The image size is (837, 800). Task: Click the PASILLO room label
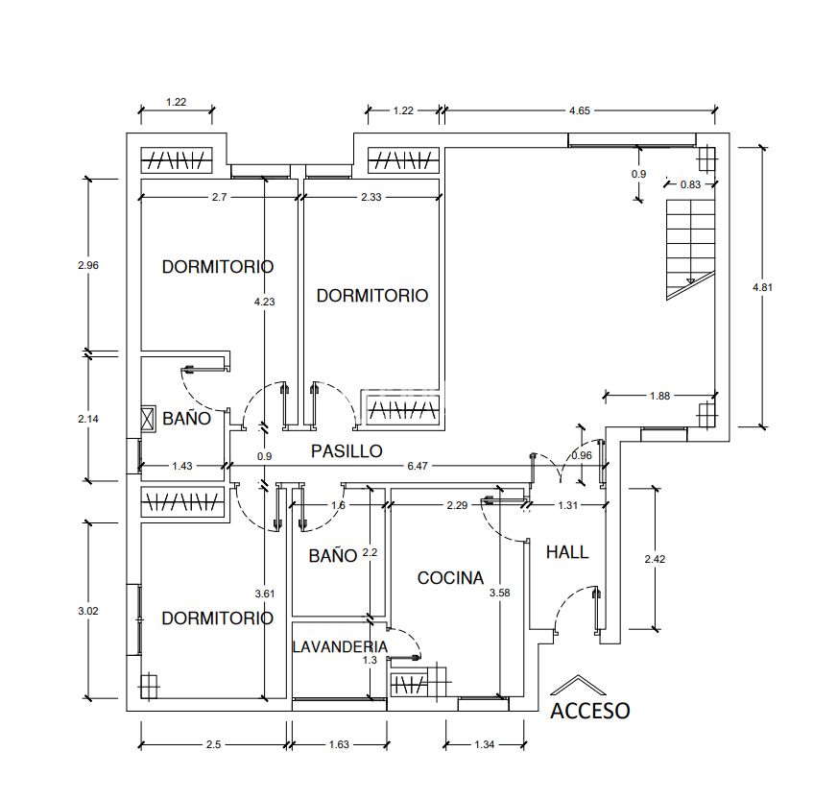click(x=347, y=451)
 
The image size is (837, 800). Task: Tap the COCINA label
click(x=450, y=578)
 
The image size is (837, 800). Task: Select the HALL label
click(x=567, y=552)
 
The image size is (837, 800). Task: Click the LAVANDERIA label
click(x=340, y=646)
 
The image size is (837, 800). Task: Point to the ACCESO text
click(x=590, y=711)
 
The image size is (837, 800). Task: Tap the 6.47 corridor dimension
click(x=418, y=466)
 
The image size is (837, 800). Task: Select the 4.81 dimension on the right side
click(x=762, y=287)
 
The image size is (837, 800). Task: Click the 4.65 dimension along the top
click(x=580, y=110)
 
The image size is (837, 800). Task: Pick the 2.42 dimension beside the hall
click(x=655, y=559)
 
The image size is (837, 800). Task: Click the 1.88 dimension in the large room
click(x=659, y=396)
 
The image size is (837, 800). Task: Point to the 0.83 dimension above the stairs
click(x=690, y=184)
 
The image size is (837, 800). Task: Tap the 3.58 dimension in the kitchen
click(x=500, y=593)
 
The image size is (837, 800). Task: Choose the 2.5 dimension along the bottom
click(x=213, y=744)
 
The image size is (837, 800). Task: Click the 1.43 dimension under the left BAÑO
click(x=182, y=466)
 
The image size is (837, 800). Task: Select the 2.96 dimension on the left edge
click(x=88, y=265)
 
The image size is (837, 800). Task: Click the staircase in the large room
click(x=690, y=250)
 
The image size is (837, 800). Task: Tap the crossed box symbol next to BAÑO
click(x=148, y=420)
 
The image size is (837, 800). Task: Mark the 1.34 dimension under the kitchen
click(x=484, y=744)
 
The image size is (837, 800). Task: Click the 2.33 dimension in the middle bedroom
click(x=371, y=197)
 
